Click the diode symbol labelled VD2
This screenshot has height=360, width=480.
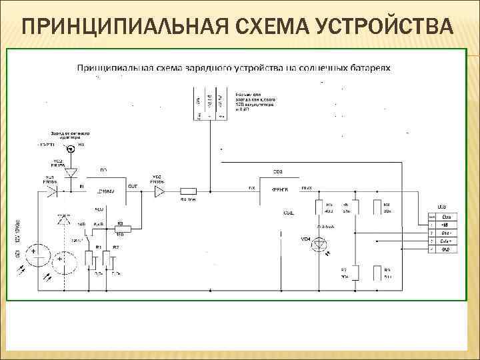pos(71,173)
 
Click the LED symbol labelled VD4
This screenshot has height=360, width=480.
pos(323,245)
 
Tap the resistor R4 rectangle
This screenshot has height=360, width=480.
pos(188,192)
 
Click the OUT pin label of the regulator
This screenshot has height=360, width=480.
pos(132,187)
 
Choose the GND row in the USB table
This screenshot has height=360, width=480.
pos(446,249)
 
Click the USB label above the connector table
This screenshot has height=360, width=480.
pos(441,207)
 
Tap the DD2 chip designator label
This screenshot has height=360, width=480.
pos(277,172)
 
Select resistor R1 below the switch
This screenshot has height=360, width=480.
pos(89,259)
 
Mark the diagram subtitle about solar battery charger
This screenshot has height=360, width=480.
pos(234,68)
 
